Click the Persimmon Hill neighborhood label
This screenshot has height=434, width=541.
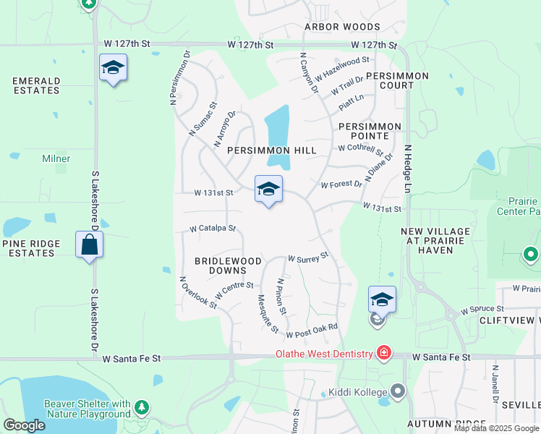pyautogui.click(x=272, y=150)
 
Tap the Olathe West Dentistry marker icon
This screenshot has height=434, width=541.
pyautogui.click(x=383, y=353)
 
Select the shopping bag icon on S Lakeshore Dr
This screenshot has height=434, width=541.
pyautogui.click(x=90, y=244)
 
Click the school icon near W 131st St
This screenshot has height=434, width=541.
pyautogui.click(x=268, y=190)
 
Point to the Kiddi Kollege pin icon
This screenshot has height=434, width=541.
pyautogui.click(x=397, y=391)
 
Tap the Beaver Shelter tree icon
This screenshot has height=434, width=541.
pyautogui.click(x=142, y=409)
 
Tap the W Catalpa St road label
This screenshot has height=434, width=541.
pyautogui.click(x=213, y=229)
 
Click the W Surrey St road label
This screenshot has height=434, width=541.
pyautogui.click(x=308, y=257)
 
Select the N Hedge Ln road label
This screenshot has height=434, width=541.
pyautogui.click(x=408, y=168)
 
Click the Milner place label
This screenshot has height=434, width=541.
pyautogui.click(x=56, y=158)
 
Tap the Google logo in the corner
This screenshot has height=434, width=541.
pyautogui.click(x=24, y=425)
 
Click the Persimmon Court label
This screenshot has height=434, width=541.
pyautogui.click(x=397, y=80)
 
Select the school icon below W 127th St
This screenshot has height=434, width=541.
pyautogui.click(x=113, y=69)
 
